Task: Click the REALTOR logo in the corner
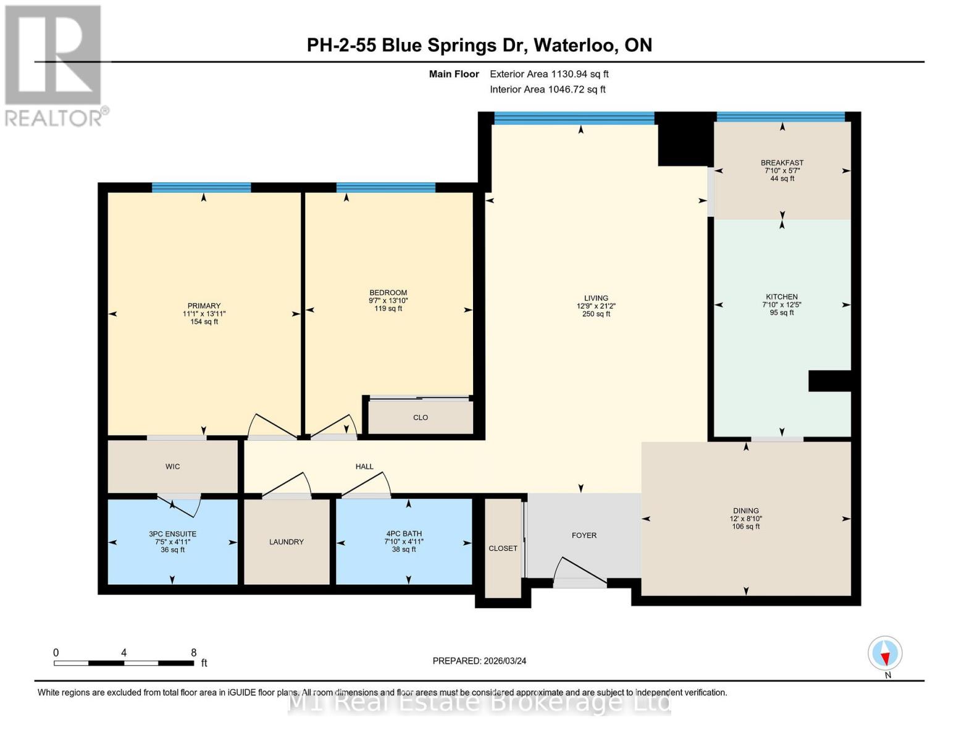click(54, 65)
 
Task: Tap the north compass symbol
click(885, 653)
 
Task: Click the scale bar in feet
click(124, 663)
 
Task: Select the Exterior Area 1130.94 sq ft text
click(549, 74)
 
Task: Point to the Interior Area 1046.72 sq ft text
click(547, 90)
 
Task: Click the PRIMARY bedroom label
click(204, 306)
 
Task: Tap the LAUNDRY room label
click(287, 542)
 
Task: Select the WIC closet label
click(173, 466)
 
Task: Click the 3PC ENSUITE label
click(173, 534)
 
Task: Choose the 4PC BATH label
click(404, 534)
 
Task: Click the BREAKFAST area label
click(782, 163)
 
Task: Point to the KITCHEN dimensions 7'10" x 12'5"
click(782, 304)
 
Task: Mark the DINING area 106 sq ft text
click(746, 527)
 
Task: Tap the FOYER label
click(584, 535)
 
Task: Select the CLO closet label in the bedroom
click(421, 417)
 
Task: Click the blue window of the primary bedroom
click(201, 188)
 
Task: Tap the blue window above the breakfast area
click(781, 117)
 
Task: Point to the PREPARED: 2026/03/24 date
click(479, 661)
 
